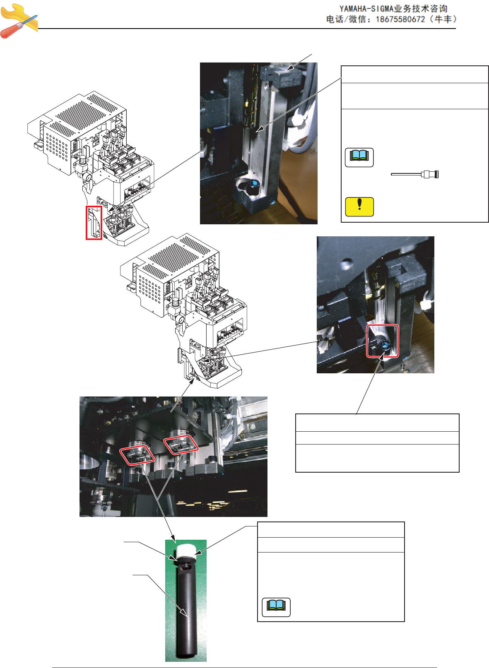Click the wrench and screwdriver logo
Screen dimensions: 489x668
point(19,21)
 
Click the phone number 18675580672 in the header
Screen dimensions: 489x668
point(400,19)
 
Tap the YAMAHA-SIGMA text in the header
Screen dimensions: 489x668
point(367,9)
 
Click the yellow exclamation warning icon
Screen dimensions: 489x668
point(359,207)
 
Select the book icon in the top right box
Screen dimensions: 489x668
point(359,157)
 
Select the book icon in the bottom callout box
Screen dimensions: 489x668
point(276,607)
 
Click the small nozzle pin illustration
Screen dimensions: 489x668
point(415,174)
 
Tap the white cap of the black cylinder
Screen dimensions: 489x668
point(186,552)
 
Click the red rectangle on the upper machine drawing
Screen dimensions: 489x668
point(94,223)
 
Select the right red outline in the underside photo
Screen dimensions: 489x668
point(181,445)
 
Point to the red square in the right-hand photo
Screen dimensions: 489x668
point(383,341)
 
